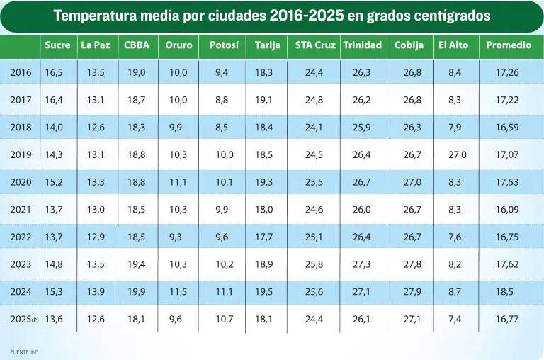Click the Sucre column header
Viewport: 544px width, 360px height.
[57, 45]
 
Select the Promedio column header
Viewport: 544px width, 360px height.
[509, 45]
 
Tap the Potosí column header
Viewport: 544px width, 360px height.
[224, 45]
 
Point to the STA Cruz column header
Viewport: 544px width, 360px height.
[315, 45]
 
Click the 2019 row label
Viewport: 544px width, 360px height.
[21, 154]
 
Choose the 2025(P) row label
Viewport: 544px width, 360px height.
[24, 319]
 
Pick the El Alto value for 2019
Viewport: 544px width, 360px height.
[458, 154]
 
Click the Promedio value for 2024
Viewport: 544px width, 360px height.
[507, 291]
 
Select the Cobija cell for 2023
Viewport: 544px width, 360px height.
[412, 264]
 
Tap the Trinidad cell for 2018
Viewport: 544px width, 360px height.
[362, 128]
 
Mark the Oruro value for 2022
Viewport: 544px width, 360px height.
[176, 237]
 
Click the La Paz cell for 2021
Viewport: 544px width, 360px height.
[96, 210]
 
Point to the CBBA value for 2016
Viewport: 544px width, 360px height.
[136, 72]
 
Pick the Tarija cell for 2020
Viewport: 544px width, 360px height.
[264, 182]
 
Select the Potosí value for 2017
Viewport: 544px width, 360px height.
[222, 100]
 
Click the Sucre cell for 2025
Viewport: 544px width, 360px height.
[54, 319]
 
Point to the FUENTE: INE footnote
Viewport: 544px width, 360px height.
[24, 352]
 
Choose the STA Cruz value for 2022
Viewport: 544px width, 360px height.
[314, 237]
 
